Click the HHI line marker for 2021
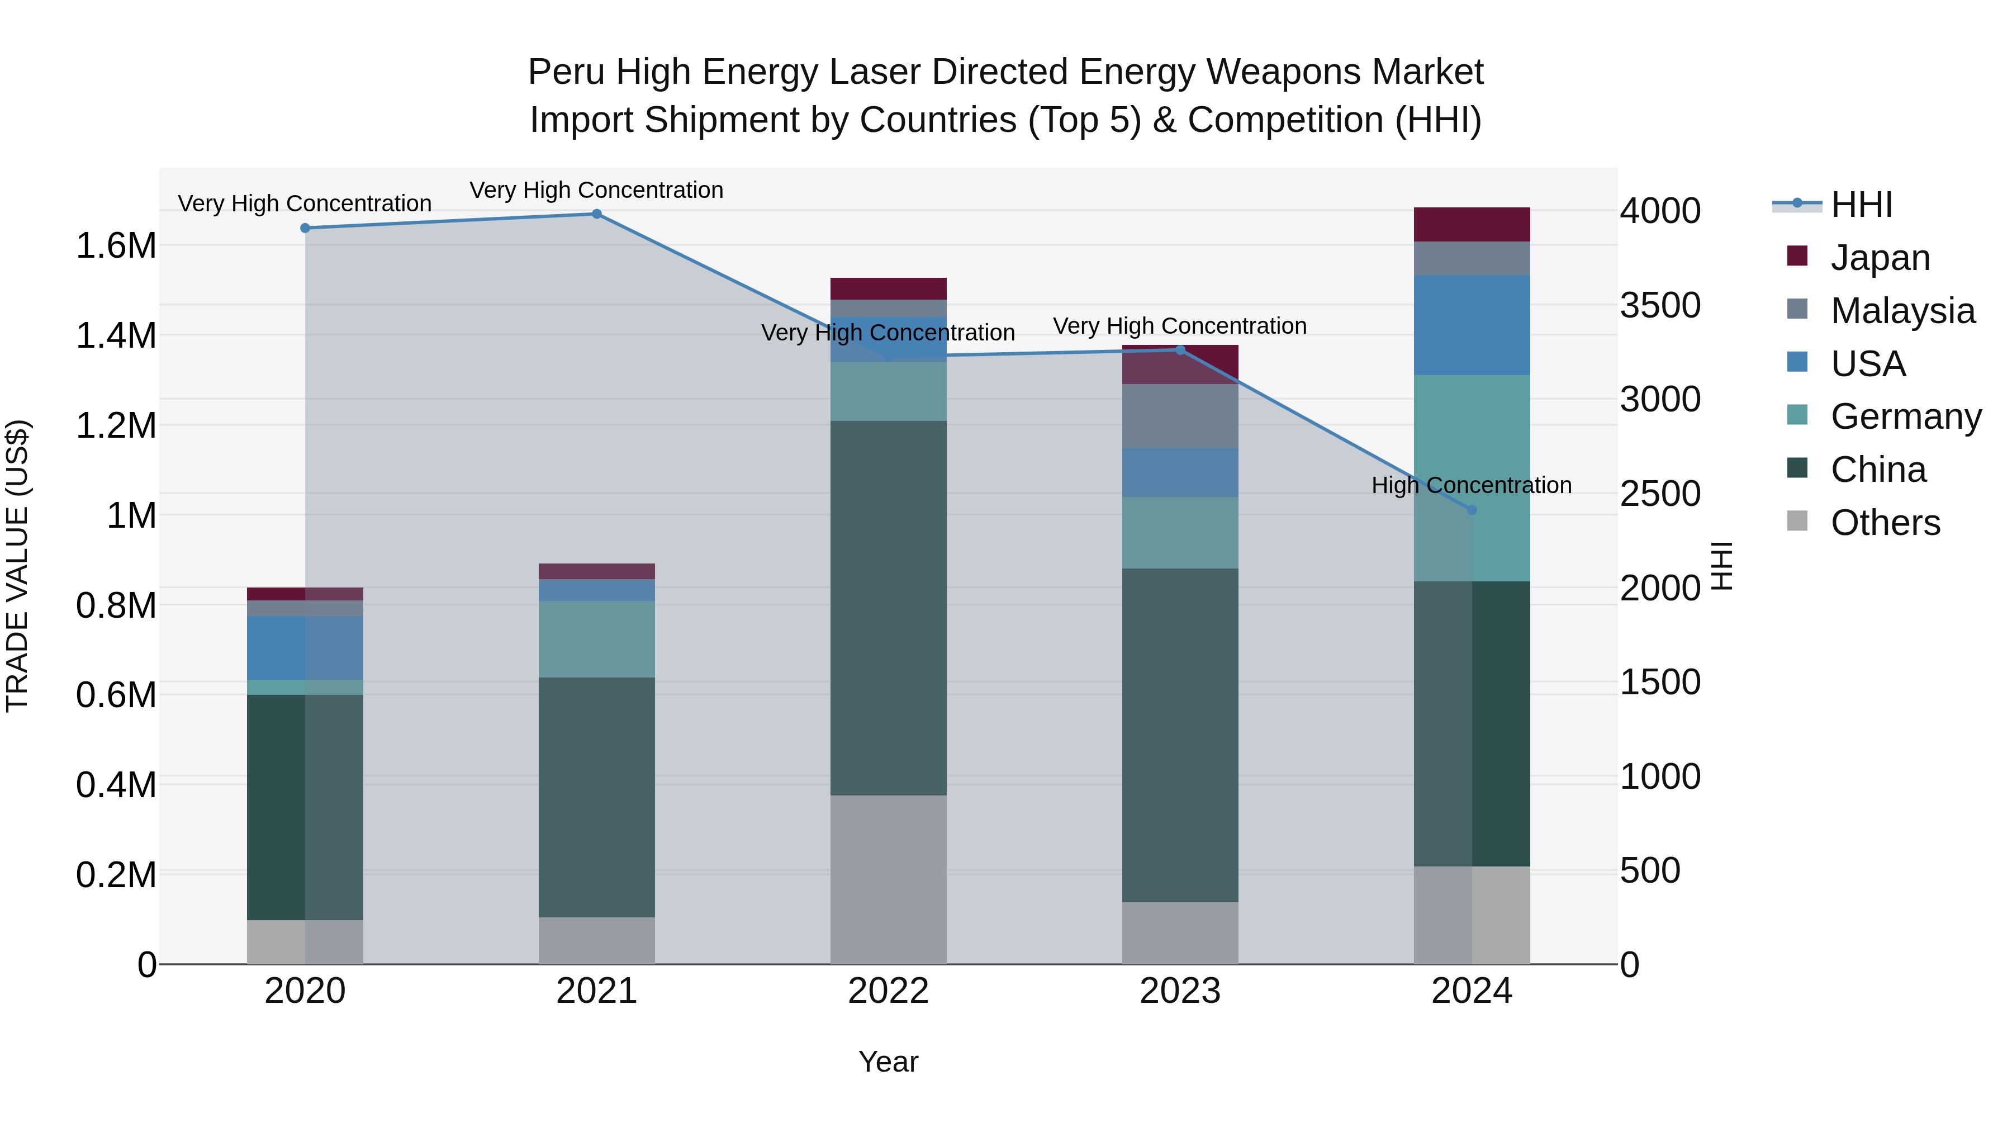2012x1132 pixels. click(x=597, y=214)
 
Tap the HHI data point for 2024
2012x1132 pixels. click(x=1472, y=510)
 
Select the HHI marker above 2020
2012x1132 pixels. click(x=305, y=228)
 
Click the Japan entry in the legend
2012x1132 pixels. click(x=1879, y=258)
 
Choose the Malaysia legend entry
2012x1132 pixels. click(x=1902, y=311)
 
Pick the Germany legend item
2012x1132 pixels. click(x=1905, y=416)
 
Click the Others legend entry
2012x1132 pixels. click(x=1885, y=523)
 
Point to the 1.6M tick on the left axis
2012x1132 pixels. click(x=116, y=246)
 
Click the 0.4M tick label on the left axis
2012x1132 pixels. click(x=116, y=785)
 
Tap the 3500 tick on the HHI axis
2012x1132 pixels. click(x=1660, y=305)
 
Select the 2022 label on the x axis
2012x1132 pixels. click(x=888, y=991)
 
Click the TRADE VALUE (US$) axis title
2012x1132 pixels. click(x=17, y=566)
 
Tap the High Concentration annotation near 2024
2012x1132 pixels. click(x=1472, y=485)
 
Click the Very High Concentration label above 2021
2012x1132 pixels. click(x=597, y=190)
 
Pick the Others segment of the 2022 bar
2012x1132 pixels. click(x=888, y=880)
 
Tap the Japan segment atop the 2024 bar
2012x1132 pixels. click(x=1472, y=224)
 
